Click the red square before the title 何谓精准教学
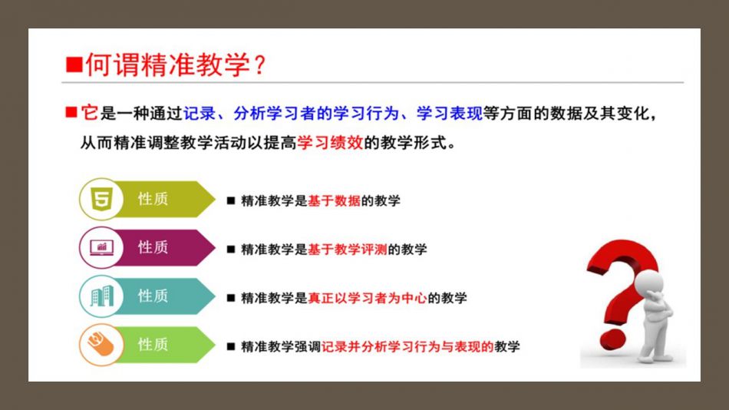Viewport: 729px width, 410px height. coord(74,64)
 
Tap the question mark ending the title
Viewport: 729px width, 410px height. coord(260,64)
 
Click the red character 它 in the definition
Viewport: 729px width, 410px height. coord(89,113)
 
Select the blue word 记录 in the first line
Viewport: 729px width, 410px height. coord(200,113)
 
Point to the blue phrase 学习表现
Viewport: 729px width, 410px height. coord(449,113)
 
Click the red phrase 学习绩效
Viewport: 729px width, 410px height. coord(330,142)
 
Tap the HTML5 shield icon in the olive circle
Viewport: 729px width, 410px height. coord(102,199)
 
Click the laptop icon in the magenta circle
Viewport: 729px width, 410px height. coord(102,247)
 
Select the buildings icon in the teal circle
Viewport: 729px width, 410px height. coord(102,296)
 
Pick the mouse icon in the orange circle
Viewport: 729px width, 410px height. coord(101,345)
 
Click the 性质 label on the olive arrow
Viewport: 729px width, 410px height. coord(153,199)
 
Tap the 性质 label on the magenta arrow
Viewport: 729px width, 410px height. coord(153,247)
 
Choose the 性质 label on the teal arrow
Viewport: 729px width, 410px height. coord(153,296)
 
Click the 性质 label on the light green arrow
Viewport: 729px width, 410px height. coord(153,345)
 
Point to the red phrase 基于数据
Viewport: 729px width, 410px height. coord(334,201)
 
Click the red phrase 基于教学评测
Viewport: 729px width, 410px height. coord(348,250)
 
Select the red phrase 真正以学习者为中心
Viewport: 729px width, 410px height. coord(368,299)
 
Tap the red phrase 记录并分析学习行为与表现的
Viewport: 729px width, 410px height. coord(407,347)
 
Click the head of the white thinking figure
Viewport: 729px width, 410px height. coord(651,284)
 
